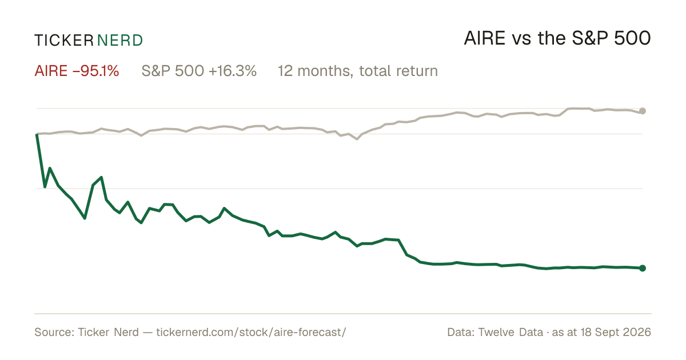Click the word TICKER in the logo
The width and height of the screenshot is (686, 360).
(x=64, y=41)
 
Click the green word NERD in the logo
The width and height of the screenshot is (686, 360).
(x=119, y=41)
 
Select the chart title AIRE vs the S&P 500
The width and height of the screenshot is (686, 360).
(x=557, y=38)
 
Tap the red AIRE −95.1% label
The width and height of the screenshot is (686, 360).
(x=77, y=71)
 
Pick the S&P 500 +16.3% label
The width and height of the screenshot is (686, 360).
(x=199, y=71)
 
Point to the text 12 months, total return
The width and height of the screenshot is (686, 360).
(x=358, y=71)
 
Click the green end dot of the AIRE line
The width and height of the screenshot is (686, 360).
(x=643, y=268)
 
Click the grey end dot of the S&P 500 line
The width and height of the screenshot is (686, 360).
(x=643, y=111)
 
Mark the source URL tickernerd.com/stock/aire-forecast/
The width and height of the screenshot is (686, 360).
(x=251, y=332)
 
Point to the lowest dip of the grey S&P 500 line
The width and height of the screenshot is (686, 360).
(x=357, y=139)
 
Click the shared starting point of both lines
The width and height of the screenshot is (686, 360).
(x=37, y=134)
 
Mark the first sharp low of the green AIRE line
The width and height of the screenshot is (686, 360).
(x=45, y=187)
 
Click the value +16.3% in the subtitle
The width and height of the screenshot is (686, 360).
(x=233, y=71)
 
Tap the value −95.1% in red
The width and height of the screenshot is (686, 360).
(x=95, y=71)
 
